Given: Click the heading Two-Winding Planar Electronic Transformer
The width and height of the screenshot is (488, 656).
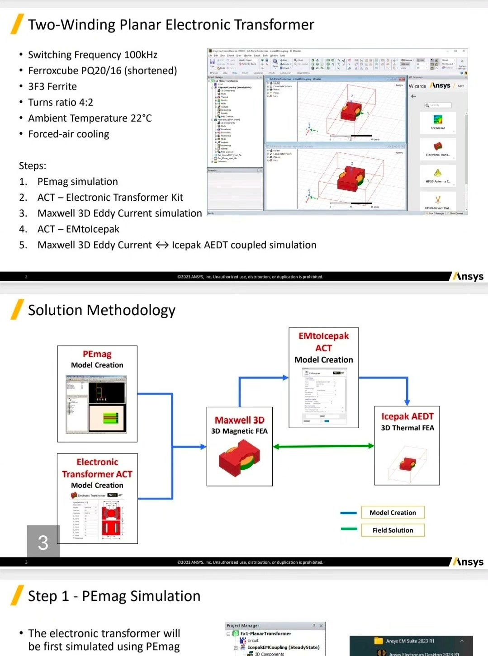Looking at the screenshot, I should [171, 25].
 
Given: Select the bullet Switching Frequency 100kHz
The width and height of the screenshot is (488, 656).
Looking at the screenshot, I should [93, 55].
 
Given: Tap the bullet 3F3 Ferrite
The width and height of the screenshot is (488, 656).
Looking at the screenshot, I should [52, 87].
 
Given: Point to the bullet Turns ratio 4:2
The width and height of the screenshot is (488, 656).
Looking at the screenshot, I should [61, 103].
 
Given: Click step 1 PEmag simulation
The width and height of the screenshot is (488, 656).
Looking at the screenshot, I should [77, 182].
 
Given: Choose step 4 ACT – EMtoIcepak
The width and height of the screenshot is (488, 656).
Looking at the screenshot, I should [78, 229].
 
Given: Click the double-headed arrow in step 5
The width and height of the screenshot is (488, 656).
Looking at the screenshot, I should [162, 245].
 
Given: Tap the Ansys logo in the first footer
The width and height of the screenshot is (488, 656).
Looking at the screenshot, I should [469, 276].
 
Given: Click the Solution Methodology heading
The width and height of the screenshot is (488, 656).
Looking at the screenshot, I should [102, 310].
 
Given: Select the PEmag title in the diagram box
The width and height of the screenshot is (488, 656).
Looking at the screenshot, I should [97, 354].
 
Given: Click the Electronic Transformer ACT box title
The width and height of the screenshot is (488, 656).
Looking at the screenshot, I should [97, 468].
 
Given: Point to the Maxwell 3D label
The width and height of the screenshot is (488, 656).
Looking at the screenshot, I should [239, 420].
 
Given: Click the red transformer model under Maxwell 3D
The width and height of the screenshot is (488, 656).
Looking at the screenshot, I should [239, 458].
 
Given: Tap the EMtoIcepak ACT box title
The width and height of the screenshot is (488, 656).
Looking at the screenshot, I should [324, 342].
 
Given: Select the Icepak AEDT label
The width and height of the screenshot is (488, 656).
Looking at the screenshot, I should [407, 416].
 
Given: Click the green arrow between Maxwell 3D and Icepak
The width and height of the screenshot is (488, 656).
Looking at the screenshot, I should [323, 446].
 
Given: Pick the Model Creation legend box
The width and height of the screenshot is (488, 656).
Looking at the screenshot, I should [393, 513].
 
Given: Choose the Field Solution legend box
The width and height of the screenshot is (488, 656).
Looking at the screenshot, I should [393, 530].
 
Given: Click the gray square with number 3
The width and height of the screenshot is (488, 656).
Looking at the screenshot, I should [43, 542].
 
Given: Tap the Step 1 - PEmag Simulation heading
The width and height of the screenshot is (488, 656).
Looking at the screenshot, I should [114, 596].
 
